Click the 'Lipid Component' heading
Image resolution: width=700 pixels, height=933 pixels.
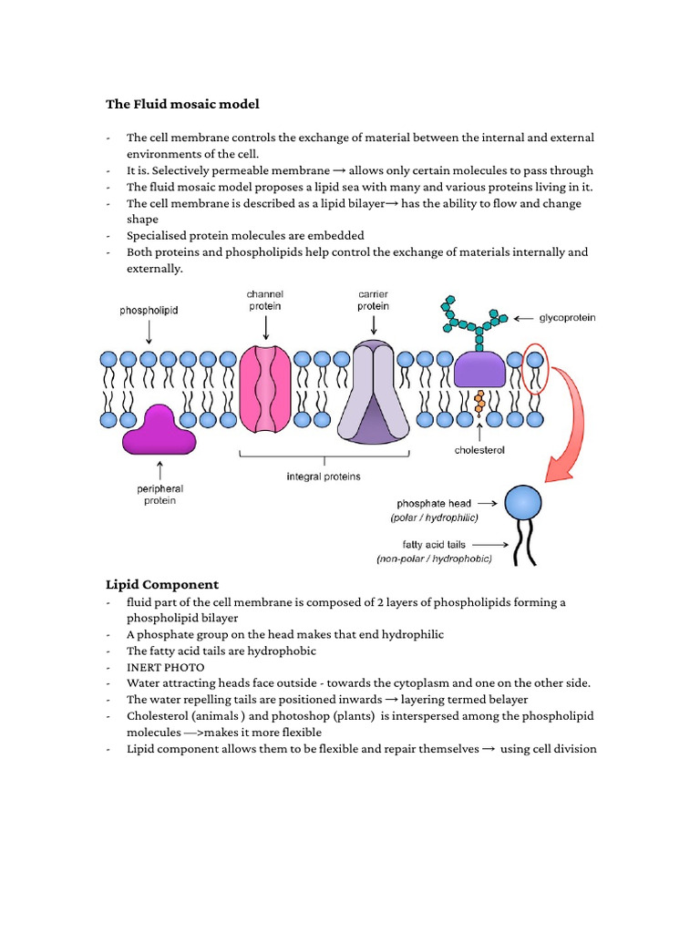pyautogui.click(x=162, y=584)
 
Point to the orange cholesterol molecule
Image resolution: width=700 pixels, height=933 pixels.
pyautogui.click(x=479, y=403)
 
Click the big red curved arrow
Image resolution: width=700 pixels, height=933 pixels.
pyautogui.click(x=571, y=428)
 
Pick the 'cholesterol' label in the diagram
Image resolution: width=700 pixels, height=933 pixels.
pyautogui.click(x=479, y=450)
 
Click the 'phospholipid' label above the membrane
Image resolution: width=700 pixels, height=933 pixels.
pyautogui.click(x=149, y=311)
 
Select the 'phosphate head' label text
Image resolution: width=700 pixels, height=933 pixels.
pyautogui.click(x=434, y=503)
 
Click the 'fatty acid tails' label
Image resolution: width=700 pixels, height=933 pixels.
pyautogui.click(x=428, y=545)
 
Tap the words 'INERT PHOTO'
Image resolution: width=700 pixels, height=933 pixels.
pyautogui.click(x=166, y=668)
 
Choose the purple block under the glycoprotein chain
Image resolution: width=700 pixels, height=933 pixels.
pyautogui.click(x=480, y=370)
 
